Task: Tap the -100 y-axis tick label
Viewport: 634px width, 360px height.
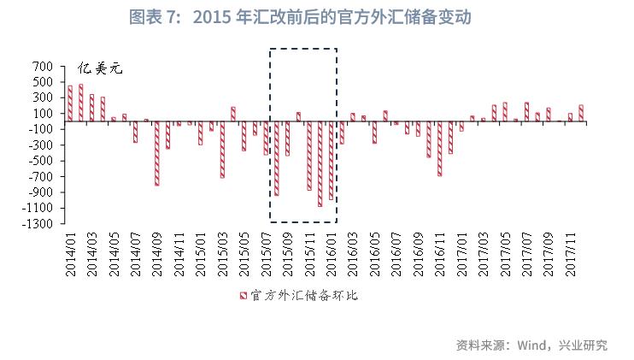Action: pyautogui.click(x=40, y=129)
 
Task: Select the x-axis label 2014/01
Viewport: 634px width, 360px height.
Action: pyautogui.click(x=71, y=252)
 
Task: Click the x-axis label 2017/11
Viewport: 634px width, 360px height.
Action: pyautogui.click(x=569, y=252)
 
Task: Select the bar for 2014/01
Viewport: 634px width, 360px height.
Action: pyautogui.click(x=70, y=103)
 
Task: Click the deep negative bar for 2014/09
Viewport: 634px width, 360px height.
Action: pyautogui.click(x=157, y=153)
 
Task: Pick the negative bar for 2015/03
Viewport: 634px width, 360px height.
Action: pyautogui.click(x=222, y=150)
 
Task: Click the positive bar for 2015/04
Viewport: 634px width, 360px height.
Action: pyautogui.click(x=233, y=114)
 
